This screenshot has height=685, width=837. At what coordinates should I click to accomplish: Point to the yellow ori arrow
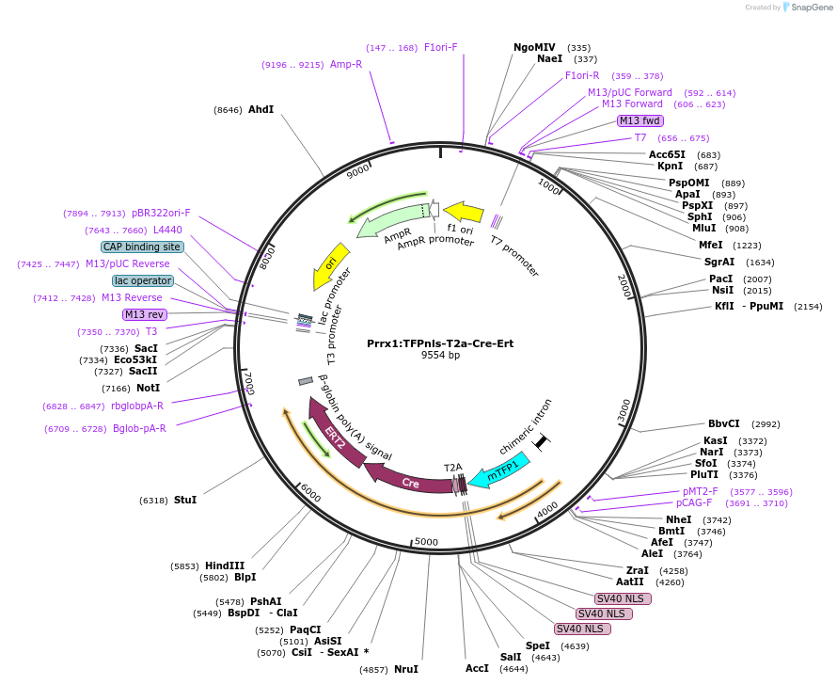coord(329,265)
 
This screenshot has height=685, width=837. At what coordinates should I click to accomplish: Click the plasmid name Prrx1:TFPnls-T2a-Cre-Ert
coord(440,343)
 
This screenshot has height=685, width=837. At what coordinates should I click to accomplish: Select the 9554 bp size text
coord(440,356)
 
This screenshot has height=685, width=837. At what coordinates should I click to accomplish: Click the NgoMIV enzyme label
coord(534,47)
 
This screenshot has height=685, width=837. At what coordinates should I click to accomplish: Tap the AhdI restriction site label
coord(261,109)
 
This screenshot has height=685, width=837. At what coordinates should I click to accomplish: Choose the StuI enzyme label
coord(185,500)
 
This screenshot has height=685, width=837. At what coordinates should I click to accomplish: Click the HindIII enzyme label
coord(225,566)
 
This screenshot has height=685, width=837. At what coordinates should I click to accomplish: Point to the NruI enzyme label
coord(405,669)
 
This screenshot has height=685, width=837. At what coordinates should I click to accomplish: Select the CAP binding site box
coord(143,247)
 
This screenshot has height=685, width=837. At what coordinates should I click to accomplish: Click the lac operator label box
coord(143,280)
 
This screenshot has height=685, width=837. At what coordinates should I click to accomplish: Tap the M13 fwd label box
coord(640,120)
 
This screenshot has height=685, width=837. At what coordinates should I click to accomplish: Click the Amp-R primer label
coord(345,64)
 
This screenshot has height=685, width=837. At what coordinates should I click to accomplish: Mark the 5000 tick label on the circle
coord(426,542)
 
